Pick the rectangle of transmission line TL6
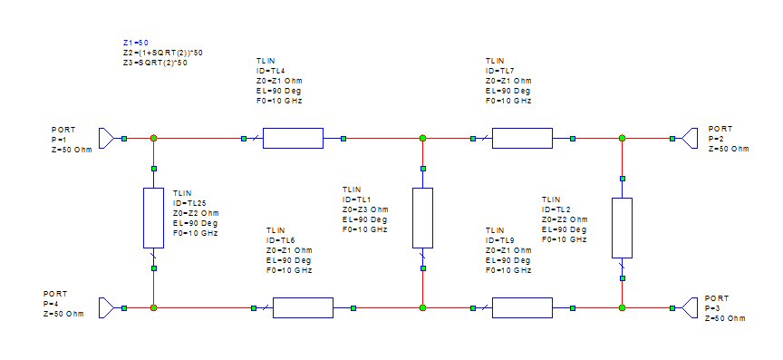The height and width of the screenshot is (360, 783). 303,307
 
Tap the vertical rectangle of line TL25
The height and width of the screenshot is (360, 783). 154,218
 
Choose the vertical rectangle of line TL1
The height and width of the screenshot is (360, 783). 422,218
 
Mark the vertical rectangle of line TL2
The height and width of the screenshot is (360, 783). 622,227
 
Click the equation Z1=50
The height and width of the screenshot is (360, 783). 136,43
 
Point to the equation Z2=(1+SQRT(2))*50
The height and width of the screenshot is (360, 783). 162,53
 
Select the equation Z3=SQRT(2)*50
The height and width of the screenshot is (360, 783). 155,63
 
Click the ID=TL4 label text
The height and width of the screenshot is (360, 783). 271,71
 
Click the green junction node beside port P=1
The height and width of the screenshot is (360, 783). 154,138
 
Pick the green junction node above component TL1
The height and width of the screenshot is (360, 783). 422,138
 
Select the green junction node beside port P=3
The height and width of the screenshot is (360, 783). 622,307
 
